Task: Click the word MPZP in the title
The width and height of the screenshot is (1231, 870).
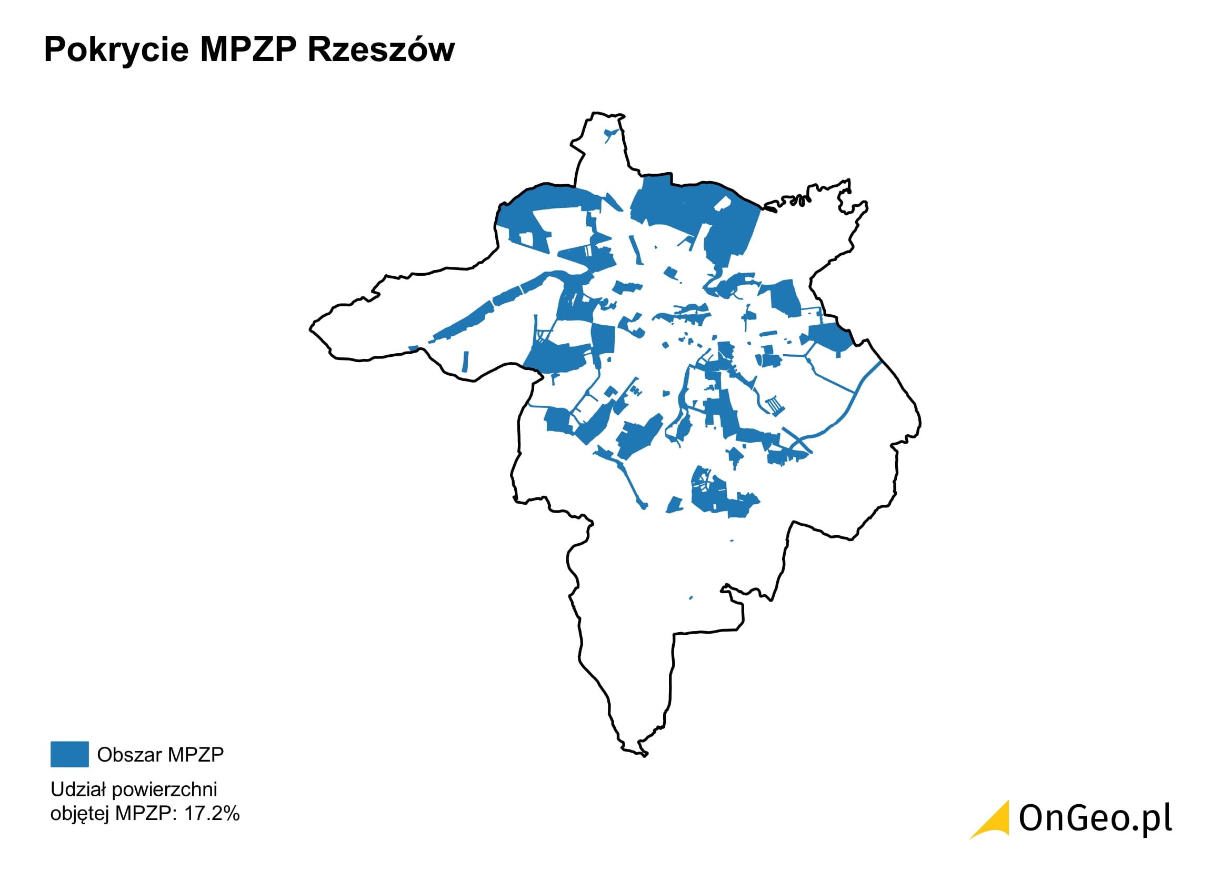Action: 248,50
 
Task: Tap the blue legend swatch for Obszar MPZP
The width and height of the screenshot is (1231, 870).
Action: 69,754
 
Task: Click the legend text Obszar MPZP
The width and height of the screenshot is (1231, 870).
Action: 160,754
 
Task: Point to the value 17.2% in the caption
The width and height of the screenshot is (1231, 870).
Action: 212,814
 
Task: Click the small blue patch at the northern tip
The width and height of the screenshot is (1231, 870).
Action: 610,133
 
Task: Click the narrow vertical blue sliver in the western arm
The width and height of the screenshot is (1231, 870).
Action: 465,361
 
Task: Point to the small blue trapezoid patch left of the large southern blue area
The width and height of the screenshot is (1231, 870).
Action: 675,504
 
